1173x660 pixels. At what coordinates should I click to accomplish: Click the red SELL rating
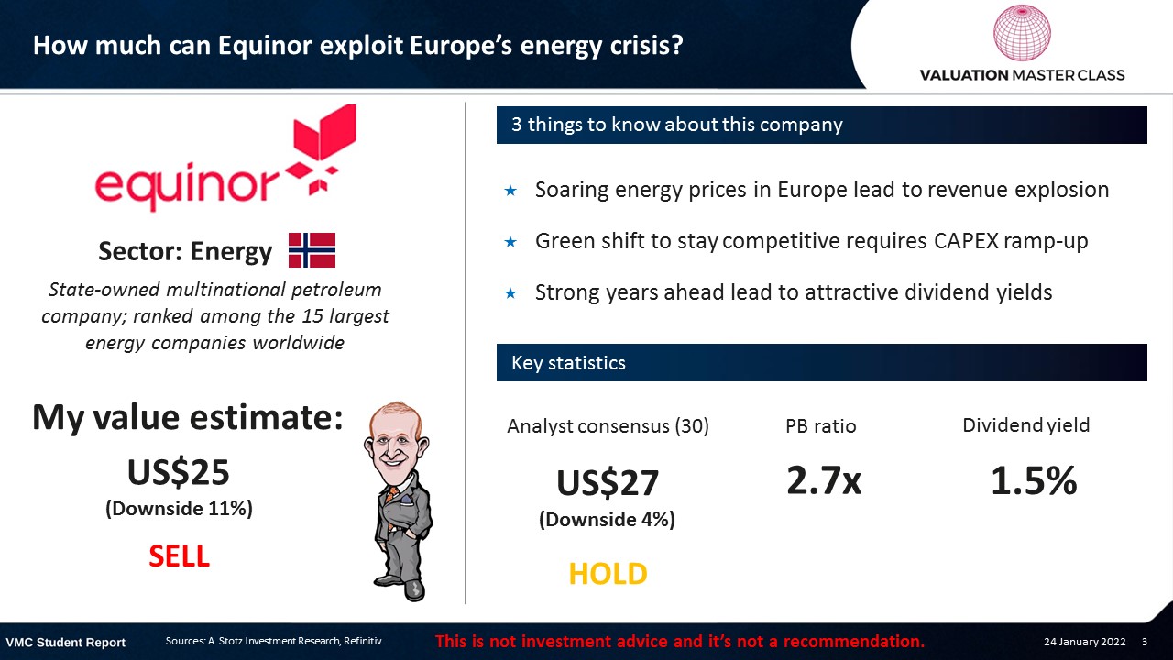coord(179,555)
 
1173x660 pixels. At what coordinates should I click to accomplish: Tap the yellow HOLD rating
coord(608,574)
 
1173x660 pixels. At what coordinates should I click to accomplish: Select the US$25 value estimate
coord(179,472)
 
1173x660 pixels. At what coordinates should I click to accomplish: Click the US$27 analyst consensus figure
coord(608,482)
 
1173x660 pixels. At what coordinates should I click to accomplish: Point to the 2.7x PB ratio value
coord(824,480)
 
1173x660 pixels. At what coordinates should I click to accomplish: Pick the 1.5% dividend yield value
coord(1034,480)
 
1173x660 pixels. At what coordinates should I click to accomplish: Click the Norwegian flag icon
coord(312,250)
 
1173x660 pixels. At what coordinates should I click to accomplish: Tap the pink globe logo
coord(1022,32)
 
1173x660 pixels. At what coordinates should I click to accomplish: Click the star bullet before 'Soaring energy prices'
coord(510,190)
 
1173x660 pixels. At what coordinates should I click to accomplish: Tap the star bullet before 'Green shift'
coord(510,241)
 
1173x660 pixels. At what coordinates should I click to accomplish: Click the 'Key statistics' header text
coord(568,362)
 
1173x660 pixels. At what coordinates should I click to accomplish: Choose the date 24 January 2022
coord(1084,642)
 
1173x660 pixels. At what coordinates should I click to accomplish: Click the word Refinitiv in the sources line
coord(362,641)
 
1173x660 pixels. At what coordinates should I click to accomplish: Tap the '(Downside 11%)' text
coord(179,509)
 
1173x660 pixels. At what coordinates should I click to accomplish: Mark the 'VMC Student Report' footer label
coord(65,643)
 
